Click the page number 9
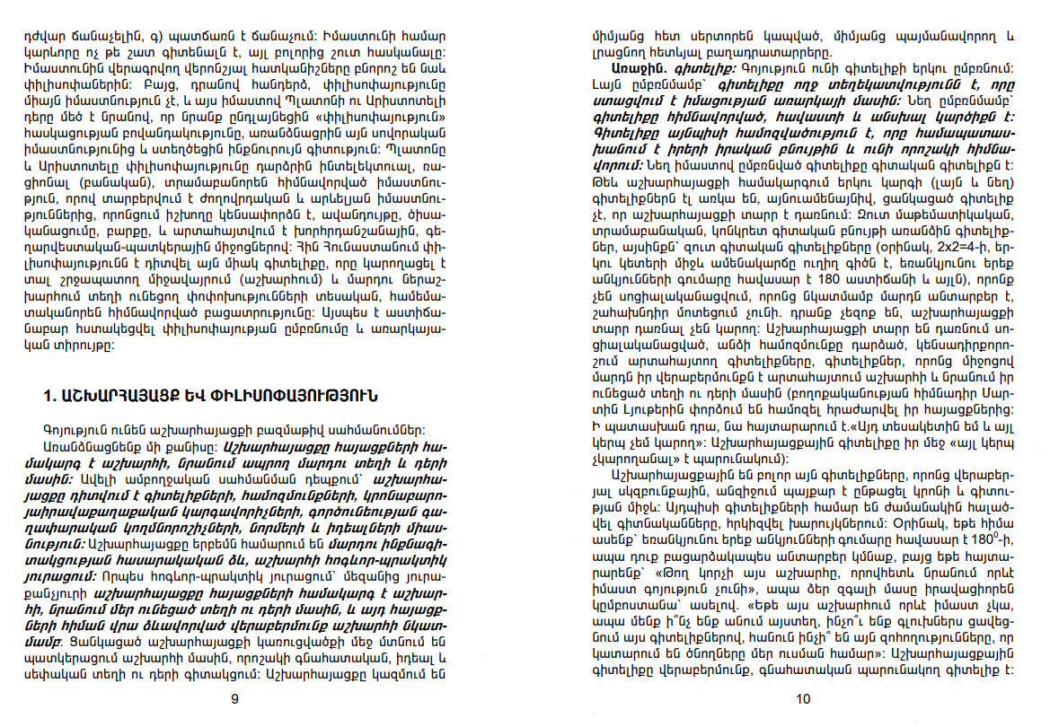pos(235,699)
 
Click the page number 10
pos(803,699)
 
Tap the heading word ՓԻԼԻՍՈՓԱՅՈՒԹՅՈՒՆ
pos(300,396)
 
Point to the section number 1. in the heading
pos(50,396)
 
